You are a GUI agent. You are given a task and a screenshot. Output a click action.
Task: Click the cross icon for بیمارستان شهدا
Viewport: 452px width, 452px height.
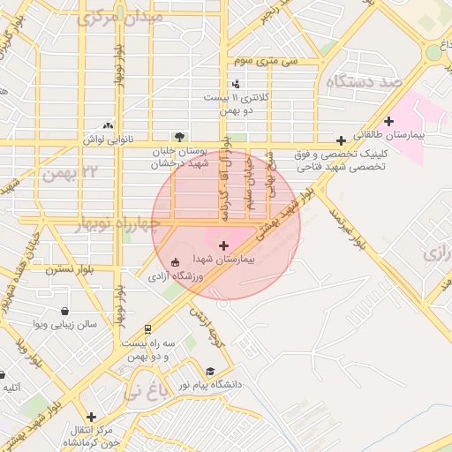click(222, 245)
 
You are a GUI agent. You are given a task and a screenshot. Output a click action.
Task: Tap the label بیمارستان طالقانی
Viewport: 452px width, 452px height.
click(410, 137)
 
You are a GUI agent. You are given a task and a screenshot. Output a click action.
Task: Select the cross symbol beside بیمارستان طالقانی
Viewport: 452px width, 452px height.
click(388, 121)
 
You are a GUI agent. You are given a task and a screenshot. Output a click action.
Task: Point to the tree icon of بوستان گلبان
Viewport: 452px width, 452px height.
click(180, 137)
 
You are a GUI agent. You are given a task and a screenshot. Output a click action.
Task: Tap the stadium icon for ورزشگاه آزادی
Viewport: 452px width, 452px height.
click(174, 262)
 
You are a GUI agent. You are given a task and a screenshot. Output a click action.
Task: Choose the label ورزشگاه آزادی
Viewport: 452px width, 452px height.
click(177, 276)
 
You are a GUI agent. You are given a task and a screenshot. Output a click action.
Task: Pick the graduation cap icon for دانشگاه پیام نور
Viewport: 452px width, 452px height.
click(210, 372)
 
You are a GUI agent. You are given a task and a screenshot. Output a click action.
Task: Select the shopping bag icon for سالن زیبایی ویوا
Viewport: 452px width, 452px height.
click(67, 311)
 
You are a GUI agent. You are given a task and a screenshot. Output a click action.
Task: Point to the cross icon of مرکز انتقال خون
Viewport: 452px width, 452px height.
click(91, 417)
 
